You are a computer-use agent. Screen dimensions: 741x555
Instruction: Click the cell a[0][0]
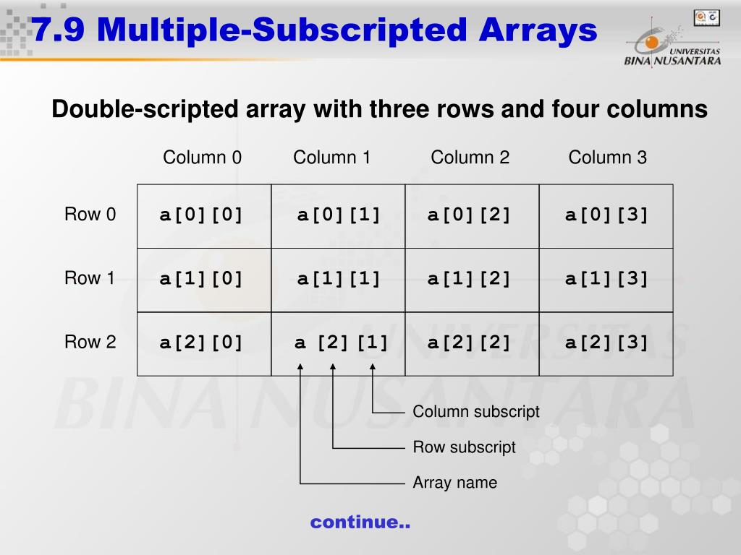pyautogui.click(x=202, y=215)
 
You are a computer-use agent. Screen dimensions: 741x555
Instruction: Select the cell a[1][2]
pyautogui.click(x=470, y=279)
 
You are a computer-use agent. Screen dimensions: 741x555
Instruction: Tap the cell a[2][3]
pyautogui.click(x=606, y=343)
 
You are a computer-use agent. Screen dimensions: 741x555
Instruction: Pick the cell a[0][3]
pyautogui.click(x=606, y=215)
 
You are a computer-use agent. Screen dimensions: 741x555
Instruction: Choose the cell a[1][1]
pyautogui.click(x=339, y=279)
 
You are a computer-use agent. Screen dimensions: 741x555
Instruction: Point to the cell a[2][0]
pyautogui.click(x=202, y=343)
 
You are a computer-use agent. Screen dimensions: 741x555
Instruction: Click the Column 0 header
pyautogui.click(x=202, y=158)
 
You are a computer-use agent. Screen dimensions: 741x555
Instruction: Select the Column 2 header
pyautogui.click(x=470, y=158)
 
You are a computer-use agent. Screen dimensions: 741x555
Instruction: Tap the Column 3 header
pyautogui.click(x=607, y=158)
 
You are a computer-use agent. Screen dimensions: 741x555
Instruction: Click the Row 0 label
pyautogui.click(x=90, y=215)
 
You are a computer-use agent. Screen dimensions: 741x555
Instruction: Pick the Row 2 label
pyautogui.click(x=90, y=342)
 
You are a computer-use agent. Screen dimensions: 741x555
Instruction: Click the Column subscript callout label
pyautogui.click(x=476, y=412)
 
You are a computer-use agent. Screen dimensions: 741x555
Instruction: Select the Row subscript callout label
pyautogui.click(x=464, y=447)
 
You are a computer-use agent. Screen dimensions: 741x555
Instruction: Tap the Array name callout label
pyautogui.click(x=454, y=483)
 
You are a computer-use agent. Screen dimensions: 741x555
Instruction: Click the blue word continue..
pyautogui.click(x=360, y=522)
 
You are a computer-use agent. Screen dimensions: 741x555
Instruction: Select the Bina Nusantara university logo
pyautogui.click(x=672, y=43)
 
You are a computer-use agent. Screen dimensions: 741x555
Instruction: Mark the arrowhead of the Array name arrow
pyautogui.click(x=300, y=368)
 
